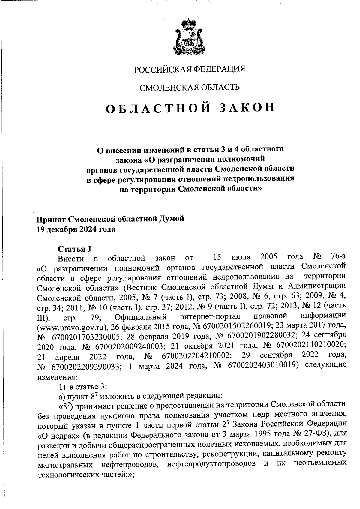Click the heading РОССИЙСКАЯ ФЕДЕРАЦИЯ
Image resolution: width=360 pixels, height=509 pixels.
tap(189, 69)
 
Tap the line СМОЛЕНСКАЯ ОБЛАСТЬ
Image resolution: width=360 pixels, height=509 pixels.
tap(189, 87)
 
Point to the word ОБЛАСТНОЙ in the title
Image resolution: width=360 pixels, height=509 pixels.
tap(156, 108)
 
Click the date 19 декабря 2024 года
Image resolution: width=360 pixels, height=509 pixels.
tap(76, 229)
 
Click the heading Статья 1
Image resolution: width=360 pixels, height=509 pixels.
tap(74, 249)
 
